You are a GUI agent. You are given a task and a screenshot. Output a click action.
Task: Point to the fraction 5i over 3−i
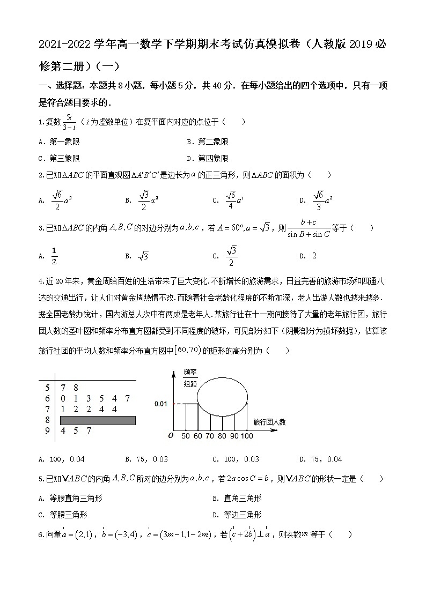(68, 122)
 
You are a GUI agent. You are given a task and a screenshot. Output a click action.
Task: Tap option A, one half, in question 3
(53, 256)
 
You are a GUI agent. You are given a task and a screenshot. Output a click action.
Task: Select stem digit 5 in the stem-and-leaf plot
(47, 388)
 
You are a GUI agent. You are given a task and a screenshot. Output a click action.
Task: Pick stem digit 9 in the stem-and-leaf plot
(47, 431)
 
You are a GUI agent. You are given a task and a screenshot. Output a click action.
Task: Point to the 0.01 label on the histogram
(161, 403)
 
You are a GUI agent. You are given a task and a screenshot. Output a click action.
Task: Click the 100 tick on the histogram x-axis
(247, 436)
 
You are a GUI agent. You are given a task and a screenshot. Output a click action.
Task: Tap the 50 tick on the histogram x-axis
(186, 436)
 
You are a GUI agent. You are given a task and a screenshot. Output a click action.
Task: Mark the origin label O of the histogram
(171, 435)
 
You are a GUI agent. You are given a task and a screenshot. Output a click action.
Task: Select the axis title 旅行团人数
(269, 422)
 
